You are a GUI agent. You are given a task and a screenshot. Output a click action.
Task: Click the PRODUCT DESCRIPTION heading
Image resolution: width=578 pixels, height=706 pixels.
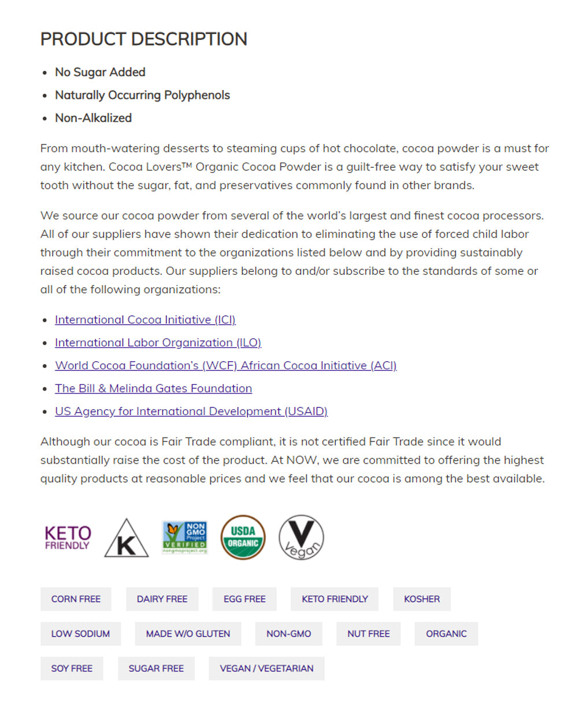pyautogui.click(x=143, y=39)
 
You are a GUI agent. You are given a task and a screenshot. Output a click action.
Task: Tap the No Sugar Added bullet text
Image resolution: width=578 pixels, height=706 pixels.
pyautogui.click(x=100, y=72)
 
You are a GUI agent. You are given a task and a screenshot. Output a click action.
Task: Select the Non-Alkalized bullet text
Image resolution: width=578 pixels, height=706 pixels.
pyautogui.click(x=93, y=118)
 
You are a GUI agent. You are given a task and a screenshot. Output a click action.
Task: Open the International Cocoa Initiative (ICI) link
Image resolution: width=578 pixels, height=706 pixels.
pyautogui.click(x=145, y=320)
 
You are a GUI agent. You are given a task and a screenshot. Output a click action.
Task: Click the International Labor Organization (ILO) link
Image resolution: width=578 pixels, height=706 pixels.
pyautogui.click(x=158, y=343)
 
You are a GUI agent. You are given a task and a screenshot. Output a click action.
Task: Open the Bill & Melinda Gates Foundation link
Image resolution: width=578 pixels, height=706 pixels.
pyautogui.click(x=153, y=388)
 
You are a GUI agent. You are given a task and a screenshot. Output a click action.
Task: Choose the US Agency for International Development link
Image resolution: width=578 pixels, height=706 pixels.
pyautogui.click(x=191, y=411)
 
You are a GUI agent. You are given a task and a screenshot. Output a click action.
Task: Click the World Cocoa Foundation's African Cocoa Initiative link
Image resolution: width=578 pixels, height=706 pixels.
pyautogui.click(x=225, y=366)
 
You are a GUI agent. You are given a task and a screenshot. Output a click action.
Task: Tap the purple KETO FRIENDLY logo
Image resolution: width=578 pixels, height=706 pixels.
pyautogui.click(x=68, y=538)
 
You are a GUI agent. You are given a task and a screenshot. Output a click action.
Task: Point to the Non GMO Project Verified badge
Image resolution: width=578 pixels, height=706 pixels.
pyautogui.click(x=184, y=538)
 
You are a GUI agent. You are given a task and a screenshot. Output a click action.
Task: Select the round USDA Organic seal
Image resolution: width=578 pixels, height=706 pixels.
pyautogui.click(x=243, y=538)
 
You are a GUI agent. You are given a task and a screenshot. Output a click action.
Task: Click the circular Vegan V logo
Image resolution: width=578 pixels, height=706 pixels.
pyautogui.click(x=301, y=538)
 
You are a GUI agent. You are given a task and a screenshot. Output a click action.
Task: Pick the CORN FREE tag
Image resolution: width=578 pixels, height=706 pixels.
pyautogui.click(x=76, y=599)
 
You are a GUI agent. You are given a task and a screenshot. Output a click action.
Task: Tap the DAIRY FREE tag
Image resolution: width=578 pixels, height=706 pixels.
pyautogui.click(x=162, y=599)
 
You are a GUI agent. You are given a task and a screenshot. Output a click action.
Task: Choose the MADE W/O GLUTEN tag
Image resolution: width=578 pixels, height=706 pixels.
pyautogui.click(x=188, y=634)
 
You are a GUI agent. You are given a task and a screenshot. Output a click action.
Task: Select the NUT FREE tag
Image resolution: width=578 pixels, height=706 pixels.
pyautogui.click(x=368, y=634)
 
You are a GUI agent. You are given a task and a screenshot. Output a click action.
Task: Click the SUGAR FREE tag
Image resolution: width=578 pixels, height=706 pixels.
pyautogui.click(x=156, y=668)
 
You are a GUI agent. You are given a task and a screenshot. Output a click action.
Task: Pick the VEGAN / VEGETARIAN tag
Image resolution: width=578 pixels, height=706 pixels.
pyautogui.click(x=266, y=668)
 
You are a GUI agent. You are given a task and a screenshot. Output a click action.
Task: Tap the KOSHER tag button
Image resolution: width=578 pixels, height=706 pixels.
pyautogui.click(x=421, y=599)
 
